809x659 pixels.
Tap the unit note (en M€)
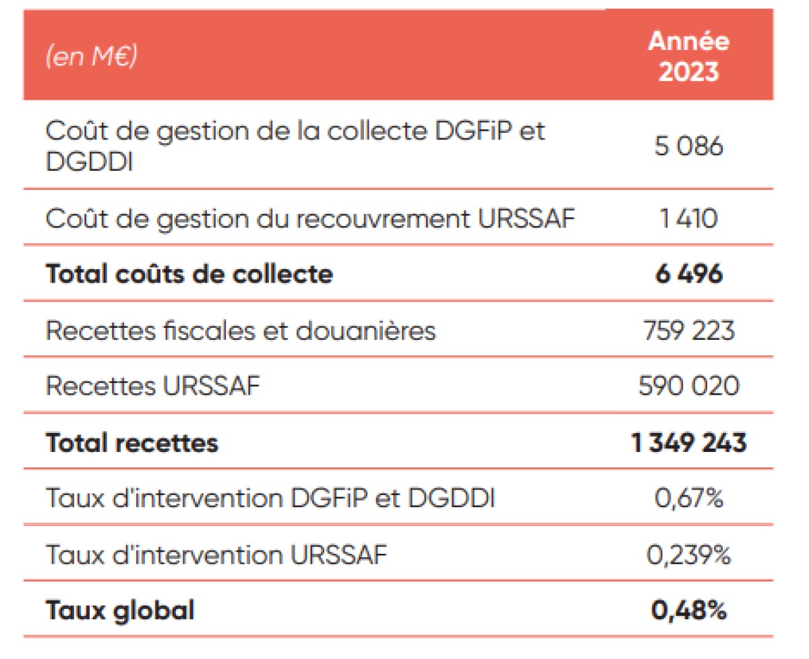point(91,57)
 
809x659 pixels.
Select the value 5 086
point(688,146)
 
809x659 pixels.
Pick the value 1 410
point(688,219)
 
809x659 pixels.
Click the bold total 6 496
point(688,275)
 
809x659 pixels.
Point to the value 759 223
point(688,331)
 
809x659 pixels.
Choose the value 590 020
point(688,386)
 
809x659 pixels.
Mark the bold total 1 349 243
point(688,442)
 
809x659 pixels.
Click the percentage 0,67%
point(688,498)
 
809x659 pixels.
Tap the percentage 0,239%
point(688,555)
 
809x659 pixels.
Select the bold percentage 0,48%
point(688,610)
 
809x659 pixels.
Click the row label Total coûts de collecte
point(189,275)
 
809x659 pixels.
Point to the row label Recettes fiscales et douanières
point(241,331)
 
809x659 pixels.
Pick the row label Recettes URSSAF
point(153,386)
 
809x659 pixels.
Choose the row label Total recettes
point(132,442)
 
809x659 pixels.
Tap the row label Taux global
point(120,610)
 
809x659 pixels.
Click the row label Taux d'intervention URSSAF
point(216,555)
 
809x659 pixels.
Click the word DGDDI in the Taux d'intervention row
point(452,498)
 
